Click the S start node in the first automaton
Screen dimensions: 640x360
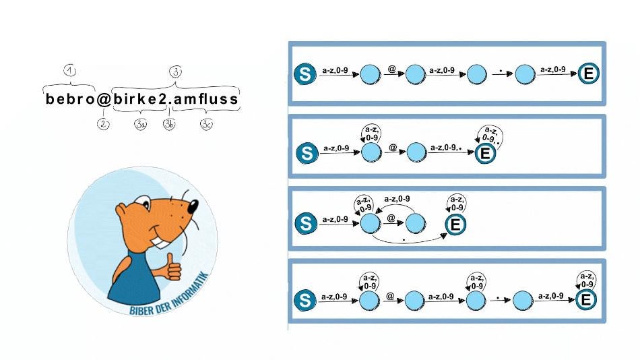pos(305,74)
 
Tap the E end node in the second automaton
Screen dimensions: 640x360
pos(485,153)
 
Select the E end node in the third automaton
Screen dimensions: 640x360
pos(455,224)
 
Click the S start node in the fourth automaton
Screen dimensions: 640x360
pos(305,300)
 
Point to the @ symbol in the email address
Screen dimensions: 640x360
pos(104,99)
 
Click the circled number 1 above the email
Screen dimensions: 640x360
pos(70,71)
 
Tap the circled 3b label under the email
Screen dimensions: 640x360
pos(169,124)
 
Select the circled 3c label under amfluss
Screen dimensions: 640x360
pos(207,124)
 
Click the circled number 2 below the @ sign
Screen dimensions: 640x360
pos(103,124)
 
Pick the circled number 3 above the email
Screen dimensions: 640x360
pos(176,72)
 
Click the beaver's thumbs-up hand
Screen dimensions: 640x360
pos(172,268)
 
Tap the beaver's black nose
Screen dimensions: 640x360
pos(193,206)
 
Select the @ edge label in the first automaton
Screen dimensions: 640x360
pos(392,69)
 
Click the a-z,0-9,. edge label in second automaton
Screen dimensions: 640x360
pos(446,147)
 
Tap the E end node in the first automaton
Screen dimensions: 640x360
pos(589,74)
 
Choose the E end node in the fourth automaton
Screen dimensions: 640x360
pos(586,300)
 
